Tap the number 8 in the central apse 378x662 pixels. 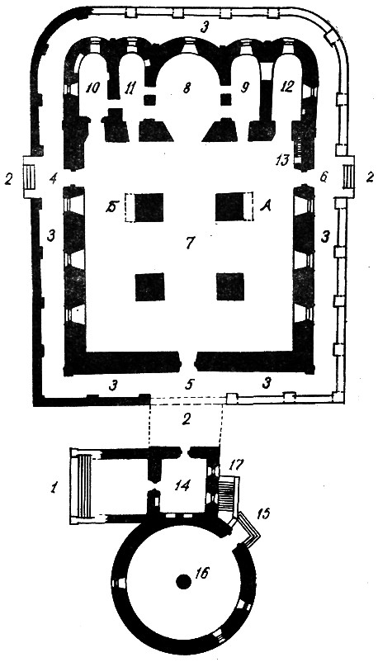pyautogui.click(x=187, y=87)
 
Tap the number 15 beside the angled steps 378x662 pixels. pyautogui.click(x=262, y=513)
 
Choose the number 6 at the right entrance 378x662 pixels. pyautogui.click(x=324, y=177)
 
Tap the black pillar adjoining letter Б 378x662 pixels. pyautogui.click(x=149, y=207)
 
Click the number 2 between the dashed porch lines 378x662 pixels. pyautogui.click(x=187, y=418)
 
